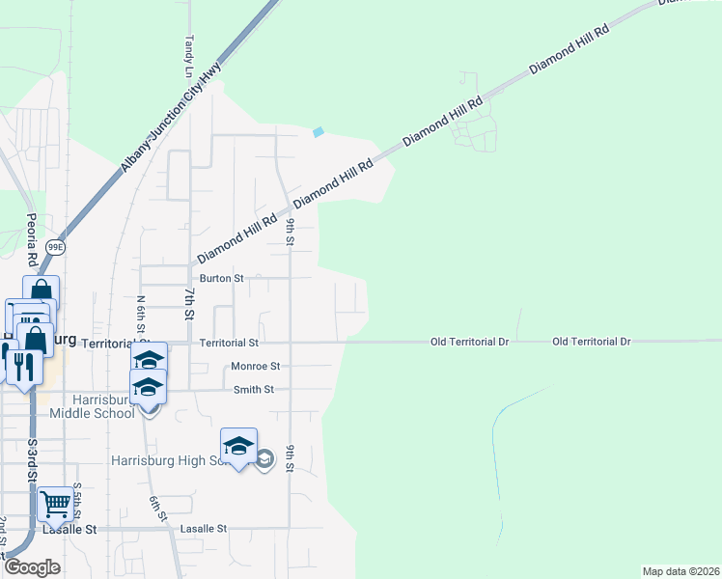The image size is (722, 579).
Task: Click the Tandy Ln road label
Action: [x=187, y=57]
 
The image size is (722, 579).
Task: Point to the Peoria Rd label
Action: [x=32, y=240]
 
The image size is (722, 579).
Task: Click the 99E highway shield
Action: [x=57, y=247]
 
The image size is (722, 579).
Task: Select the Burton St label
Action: [x=221, y=278]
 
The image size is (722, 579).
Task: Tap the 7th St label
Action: [x=189, y=303]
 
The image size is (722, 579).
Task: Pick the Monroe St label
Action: [x=255, y=367]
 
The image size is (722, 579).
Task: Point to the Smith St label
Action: [x=254, y=390]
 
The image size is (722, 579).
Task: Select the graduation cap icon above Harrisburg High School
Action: [x=238, y=446]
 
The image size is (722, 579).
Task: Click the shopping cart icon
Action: [x=55, y=503]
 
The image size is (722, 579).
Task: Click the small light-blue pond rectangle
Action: [x=318, y=132]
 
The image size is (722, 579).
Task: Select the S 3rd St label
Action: [x=32, y=461]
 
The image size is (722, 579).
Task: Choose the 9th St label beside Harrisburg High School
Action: [x=289, y=457]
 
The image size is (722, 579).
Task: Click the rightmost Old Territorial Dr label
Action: [x=592, y=342]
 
